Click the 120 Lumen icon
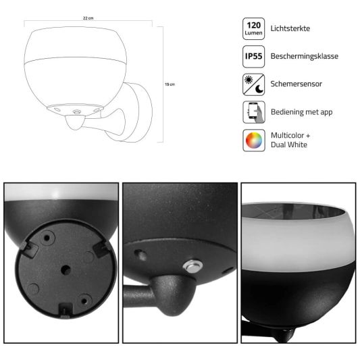[254, 28]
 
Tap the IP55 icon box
[254, 57]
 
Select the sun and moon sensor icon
[254, 84]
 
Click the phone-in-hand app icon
[254, 112]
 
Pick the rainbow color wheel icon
[254, 140]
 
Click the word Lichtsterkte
[290, 28]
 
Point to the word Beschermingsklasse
[305, 56]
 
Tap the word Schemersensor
[297, 84]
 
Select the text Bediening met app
[302, 112]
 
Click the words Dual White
[289, 145]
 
